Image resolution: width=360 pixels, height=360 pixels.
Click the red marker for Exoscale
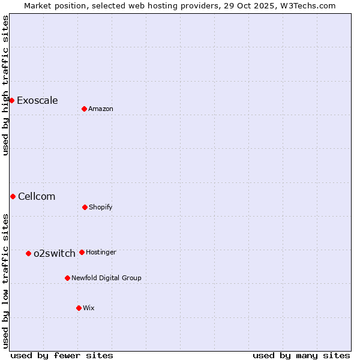(11, 100)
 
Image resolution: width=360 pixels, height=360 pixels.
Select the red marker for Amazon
(84, 109)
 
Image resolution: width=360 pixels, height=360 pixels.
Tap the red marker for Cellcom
(13, 196)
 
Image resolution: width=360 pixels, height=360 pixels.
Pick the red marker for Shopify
(85, 207)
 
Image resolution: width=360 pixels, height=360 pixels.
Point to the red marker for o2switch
(28, 253)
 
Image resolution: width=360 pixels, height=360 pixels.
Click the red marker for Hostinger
(82, 252)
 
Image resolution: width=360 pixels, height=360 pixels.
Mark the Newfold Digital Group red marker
(67, 278)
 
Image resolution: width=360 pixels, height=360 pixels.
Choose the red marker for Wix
(79, 308)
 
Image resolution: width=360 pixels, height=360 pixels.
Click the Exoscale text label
(37, 100)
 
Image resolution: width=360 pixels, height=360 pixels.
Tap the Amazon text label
(101, 109)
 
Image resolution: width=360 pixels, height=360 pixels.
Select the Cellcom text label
(37, 196)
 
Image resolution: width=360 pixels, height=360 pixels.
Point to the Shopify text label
(100, 207)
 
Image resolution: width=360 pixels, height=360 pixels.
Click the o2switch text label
(55, 253)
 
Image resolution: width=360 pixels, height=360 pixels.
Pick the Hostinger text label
(101, 252)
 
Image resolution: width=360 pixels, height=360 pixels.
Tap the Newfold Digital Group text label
(106, 278)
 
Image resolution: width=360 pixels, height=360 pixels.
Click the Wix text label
(89, 308)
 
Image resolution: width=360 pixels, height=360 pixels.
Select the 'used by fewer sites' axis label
(62, 355)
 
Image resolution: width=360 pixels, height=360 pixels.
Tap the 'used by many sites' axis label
(301, 355)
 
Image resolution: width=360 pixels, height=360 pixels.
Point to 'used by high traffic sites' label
(5, 85)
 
